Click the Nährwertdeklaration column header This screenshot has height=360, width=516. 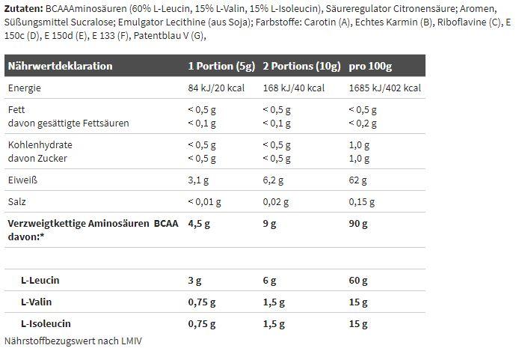point(60,66)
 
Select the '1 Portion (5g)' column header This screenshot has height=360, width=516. point(221,66)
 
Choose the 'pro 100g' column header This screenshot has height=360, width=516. point(371,66)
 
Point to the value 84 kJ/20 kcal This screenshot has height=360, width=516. point(217,88)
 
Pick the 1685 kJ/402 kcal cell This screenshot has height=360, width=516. point(385,88)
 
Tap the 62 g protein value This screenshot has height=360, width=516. point(358,180)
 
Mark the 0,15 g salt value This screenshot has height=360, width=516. point(363,202)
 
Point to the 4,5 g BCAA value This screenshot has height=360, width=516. point(198,222)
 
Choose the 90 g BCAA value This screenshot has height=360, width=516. point(359,222)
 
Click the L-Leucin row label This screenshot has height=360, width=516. point(40,280)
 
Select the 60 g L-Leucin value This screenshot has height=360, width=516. point(359,281)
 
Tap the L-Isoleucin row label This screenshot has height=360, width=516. point(46,323)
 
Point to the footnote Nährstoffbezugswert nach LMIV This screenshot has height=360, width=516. point(73,341)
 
